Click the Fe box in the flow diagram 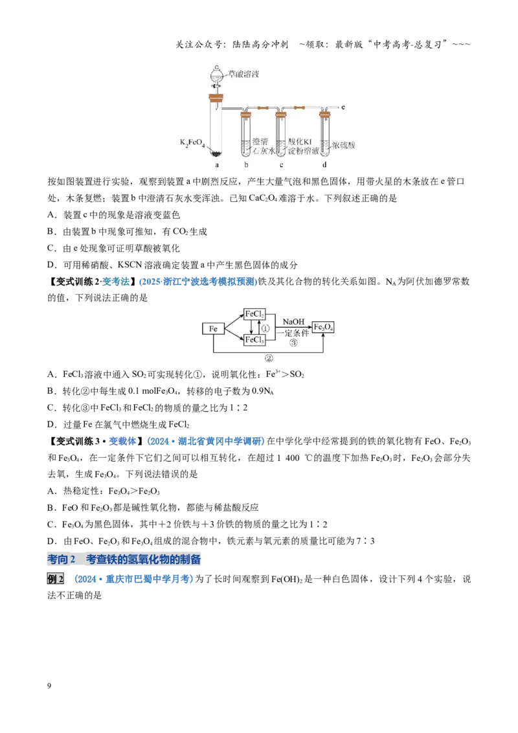(x=213, y=329)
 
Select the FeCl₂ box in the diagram (x=254, y=314)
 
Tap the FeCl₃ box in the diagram (x=254, y=340)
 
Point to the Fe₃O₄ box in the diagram (x=324, y=327)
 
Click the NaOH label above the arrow (x=293, y=322)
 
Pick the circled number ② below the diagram (x=269, y=358)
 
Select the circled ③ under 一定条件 (x=293, y=343)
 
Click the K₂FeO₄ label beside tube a (x=192, y=142)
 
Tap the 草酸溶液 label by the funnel (x=243, y=74)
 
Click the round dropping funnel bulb (x=216, y=74)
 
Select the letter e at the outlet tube (x=343, y=107)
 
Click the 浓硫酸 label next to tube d (x=344, y=145)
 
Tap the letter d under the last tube (x=324, y=164)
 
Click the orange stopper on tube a (x=216, y=98)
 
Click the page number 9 (x=49, y=686)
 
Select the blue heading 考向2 (x=62, y=559)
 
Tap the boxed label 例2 (x=55, y=579)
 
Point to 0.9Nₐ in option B (x=263, y=391)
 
